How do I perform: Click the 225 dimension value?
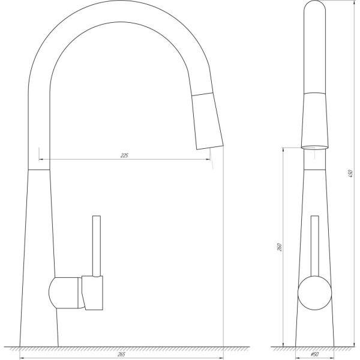pos(124,155)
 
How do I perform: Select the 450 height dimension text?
pos(350,174)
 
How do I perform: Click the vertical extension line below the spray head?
pos(223,252)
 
